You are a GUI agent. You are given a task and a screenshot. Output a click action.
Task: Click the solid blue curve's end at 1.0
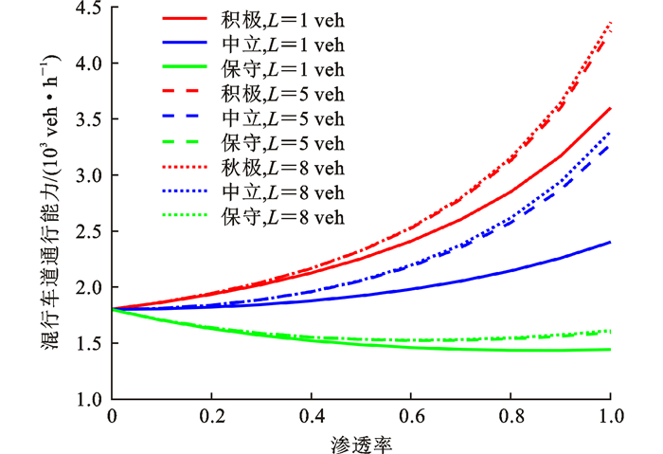[610, 242]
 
